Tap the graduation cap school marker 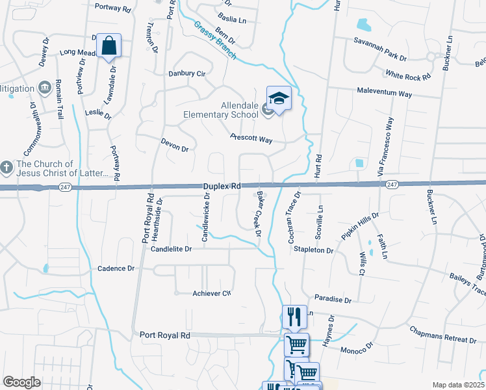point(279,98)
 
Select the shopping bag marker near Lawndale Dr point(109,46)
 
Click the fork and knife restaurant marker point(294,317)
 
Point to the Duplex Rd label point(222,186)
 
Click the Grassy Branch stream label point(214,40)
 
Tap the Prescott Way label point(251,138)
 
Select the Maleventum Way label point(385,94)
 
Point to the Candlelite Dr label point(172,249)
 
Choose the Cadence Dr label point(116,268)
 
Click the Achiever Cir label point(212,294)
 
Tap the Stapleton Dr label point(313,250)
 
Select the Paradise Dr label point(333,300)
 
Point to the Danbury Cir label point(186,73)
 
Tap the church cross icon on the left point(6,168)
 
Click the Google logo point(21,382)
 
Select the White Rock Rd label point(408,77)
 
